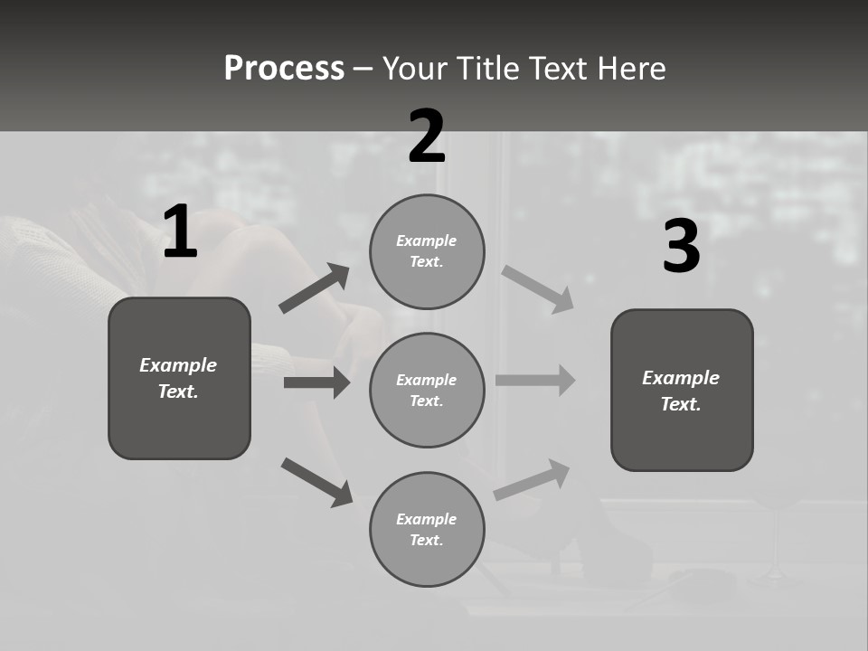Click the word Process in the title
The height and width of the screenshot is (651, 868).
[284, 69]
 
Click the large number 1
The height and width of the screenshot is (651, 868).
[180, 233]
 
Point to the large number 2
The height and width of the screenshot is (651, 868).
[427, 137]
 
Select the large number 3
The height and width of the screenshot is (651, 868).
[681, 247]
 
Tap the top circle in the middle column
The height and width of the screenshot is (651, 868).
[427, 250]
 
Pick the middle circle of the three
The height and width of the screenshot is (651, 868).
[427, 390]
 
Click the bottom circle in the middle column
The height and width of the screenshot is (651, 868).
[427, 529]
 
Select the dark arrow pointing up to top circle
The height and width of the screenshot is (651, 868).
[315, 289]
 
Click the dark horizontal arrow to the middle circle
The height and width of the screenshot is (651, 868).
[316, 382]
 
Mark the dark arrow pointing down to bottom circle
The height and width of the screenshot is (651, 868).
[316, 482]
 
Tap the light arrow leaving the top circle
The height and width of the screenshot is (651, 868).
[538, 289]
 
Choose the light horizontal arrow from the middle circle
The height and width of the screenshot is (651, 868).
[535, 380]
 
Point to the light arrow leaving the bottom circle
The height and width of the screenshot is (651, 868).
[532, 480]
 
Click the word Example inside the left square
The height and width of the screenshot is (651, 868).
[178, 365]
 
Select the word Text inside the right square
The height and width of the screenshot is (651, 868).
[681, 404]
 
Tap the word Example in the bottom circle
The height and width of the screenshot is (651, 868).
[426, 519]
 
